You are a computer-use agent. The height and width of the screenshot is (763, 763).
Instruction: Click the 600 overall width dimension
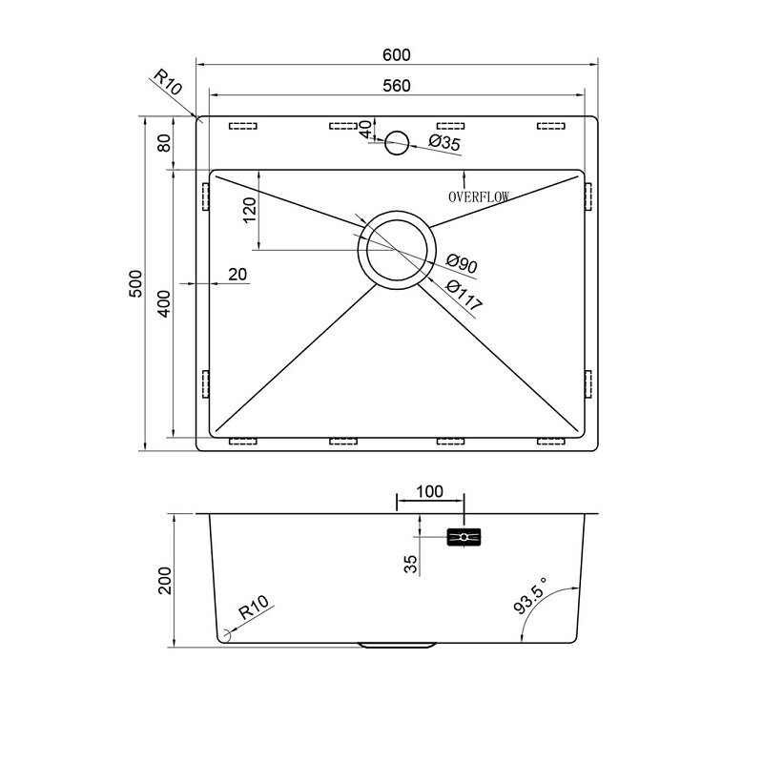[396, 55]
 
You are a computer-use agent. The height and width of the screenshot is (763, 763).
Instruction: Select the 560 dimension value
[397, 86]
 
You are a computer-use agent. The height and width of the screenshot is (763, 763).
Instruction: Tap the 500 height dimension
[135, 283]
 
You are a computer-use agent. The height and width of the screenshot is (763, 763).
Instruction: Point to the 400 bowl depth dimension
[164, 303]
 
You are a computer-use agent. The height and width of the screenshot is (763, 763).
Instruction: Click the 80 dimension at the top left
[164, 142]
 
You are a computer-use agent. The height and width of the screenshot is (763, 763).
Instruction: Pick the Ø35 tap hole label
[444, 142]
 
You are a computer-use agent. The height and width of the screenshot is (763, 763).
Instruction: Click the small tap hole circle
[397, 142]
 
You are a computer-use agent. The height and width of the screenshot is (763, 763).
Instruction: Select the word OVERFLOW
[479, 196]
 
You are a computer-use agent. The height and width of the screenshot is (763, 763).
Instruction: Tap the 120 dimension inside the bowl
[249, 210]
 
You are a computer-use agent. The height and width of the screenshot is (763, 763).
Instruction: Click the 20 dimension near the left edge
[237, 275]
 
